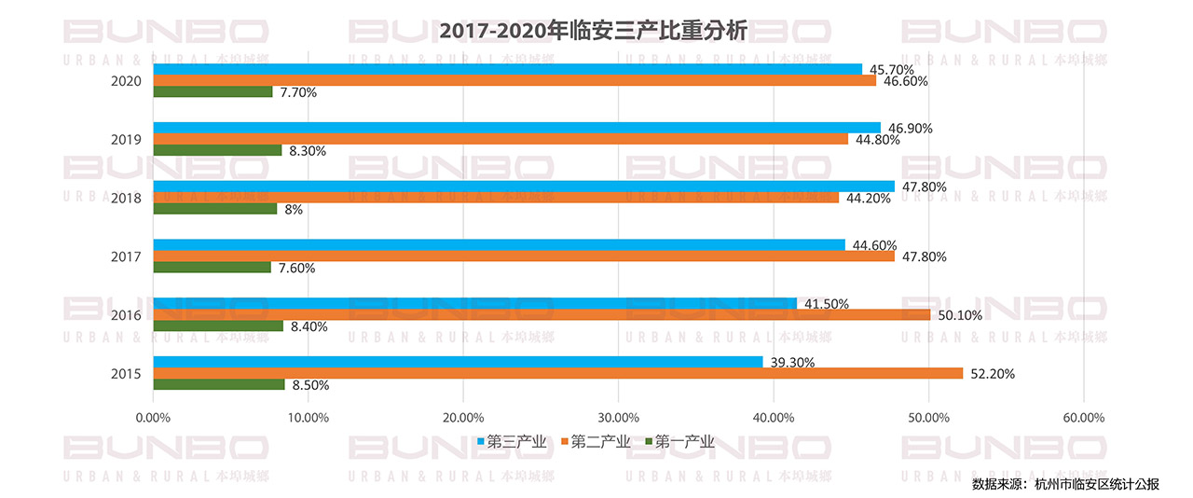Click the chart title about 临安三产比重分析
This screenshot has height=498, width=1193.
(594, 31)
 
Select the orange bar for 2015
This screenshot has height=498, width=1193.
(557, 373)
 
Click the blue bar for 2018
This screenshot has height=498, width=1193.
(523, 187)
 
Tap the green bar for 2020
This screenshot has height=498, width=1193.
(213, 91)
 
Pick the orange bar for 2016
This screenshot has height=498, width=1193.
(542, 314)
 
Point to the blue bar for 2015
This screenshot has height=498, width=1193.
(458, 362)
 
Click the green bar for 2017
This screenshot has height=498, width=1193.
(212, 268)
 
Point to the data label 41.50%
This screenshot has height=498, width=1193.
(825, 304)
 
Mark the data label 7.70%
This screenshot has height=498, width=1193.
(298, 92)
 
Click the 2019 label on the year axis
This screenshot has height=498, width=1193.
(126, 140)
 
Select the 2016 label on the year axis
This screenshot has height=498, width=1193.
(126, 315)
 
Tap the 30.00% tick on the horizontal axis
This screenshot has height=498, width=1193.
(618, 418)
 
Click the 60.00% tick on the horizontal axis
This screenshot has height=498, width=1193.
(1083, 418)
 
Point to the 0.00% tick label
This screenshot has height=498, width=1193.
(154, 418)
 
